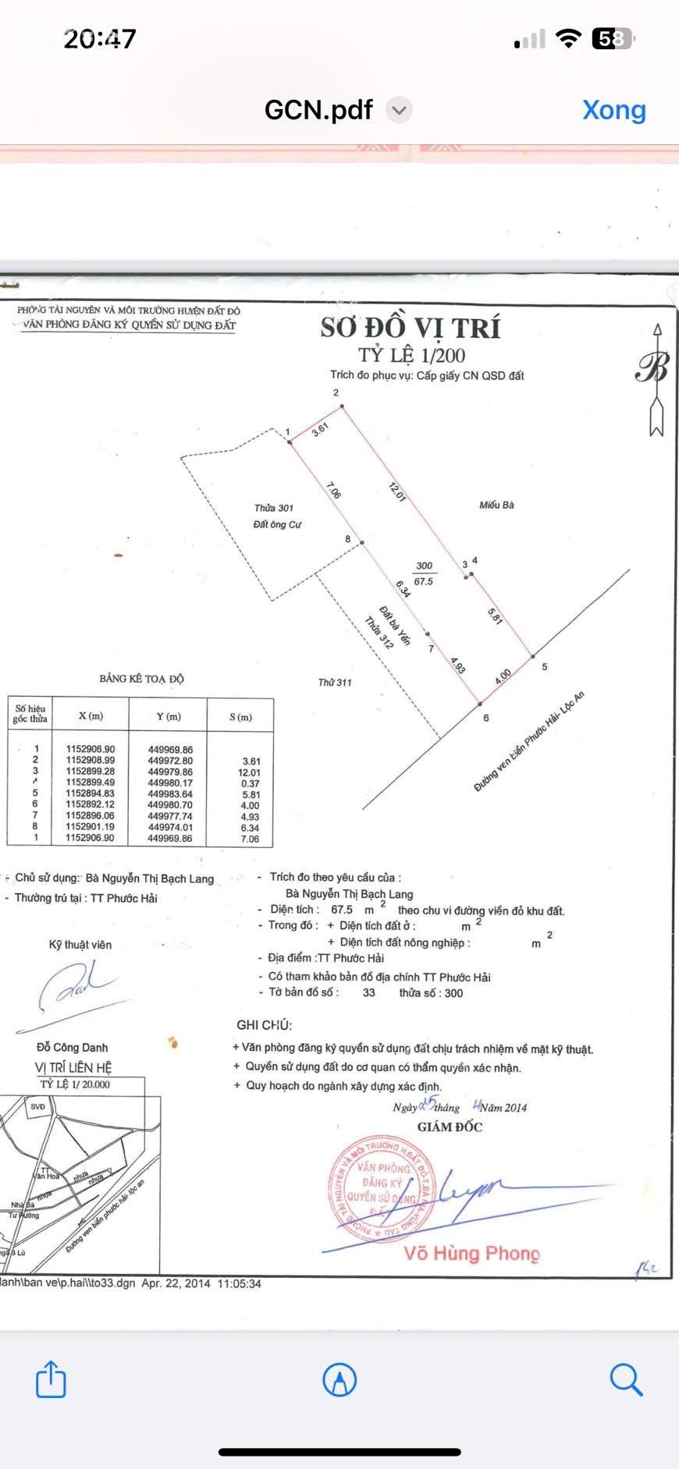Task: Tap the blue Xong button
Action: click(613, 110)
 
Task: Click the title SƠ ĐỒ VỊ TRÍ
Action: click(411, 328)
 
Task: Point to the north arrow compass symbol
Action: click(656, 379)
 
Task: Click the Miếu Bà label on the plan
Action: click(496, 505)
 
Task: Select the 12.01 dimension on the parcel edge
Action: click(397, 492)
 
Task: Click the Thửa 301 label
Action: click(274, 508)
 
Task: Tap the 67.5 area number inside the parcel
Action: click(423, 581)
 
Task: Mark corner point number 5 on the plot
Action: click(544, 666)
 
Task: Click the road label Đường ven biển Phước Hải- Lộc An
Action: click(528, 742)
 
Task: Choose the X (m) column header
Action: click(91, 716)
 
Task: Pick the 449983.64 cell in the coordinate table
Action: click(170, 794)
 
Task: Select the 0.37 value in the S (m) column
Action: click(250, 783)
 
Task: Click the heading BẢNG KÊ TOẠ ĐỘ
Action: click(141, 679)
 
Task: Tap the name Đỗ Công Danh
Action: click(73, 1047)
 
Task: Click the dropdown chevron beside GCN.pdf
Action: click(399, 110)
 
